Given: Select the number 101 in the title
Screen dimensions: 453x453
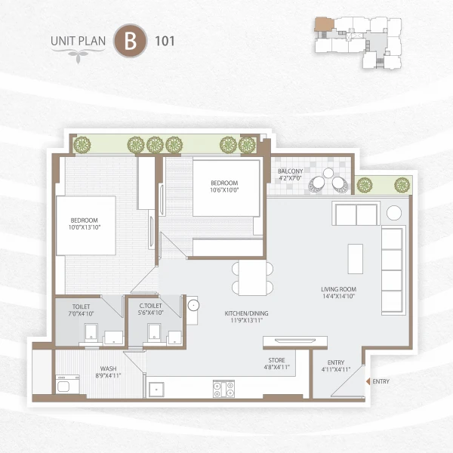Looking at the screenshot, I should click(164, 41).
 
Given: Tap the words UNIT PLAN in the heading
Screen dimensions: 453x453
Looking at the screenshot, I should click(79, 41).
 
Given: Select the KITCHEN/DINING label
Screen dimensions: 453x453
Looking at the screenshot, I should click(247, 313).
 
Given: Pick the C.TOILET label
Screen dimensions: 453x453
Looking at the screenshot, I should click(150, 305).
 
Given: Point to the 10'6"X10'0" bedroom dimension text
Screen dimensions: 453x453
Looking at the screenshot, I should click(224, 190).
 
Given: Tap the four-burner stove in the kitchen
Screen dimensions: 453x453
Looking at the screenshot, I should click(224, 390).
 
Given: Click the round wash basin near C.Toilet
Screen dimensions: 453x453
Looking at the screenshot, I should click(193, 307).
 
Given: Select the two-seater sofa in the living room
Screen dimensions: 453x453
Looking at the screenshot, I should click(356, 214).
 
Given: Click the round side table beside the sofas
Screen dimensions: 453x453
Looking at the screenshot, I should click(394, 213).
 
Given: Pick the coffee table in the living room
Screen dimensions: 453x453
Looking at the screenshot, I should click(354, 258).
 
